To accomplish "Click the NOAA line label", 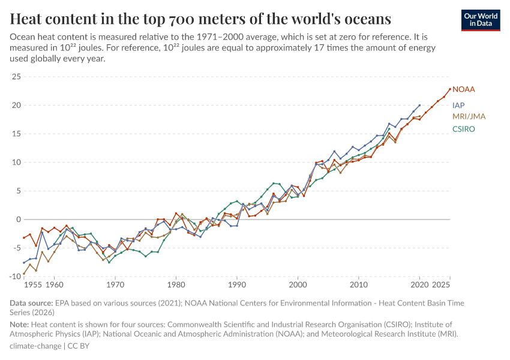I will tap(463, 89).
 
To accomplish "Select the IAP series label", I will tap(459, 105).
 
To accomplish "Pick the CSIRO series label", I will tap(463, 129).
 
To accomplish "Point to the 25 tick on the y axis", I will tap(16, 77).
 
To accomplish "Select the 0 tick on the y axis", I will tap(18, 220).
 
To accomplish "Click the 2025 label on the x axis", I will tap(441, 284).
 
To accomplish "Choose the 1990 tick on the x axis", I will tap(237, 284).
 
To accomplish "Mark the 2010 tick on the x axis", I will tap(359, 284).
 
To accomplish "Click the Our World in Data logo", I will tap(481, 20).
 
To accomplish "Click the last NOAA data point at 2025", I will tap(450, 89).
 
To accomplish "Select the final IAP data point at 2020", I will tap(419, 105).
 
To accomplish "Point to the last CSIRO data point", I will tap(389, 128).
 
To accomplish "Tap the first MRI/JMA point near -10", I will tap(24, 275).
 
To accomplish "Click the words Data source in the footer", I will tap(31, 303).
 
